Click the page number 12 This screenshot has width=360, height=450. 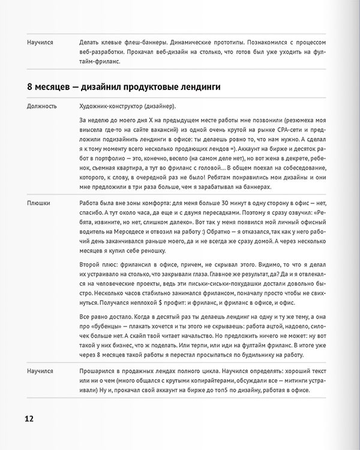[x=29, y=418]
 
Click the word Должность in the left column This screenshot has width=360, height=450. [x=42, y=106]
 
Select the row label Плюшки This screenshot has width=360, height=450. [x=38, y=203]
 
